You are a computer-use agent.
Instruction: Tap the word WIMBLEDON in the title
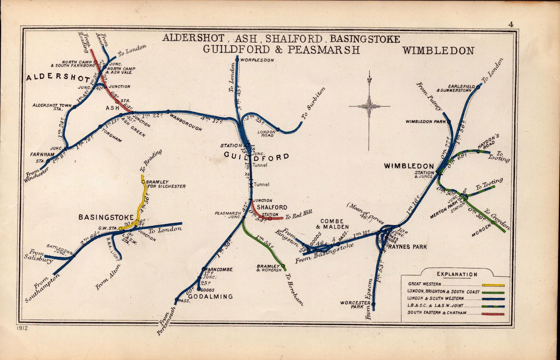pos(438,51)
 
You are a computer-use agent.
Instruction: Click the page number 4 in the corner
pos(511,24)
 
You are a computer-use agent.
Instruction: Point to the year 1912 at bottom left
pos(22,328)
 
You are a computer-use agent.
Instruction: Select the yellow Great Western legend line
pos(493,285)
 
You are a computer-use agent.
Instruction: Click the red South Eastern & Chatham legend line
pos(493,314)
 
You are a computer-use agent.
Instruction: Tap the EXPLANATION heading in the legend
pos(456,275)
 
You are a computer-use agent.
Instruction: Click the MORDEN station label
pos(479,233)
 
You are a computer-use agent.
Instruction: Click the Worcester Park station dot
pos(373,304)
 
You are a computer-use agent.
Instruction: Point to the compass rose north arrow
pos(369,81)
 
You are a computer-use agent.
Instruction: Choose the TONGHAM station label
pos(112,136)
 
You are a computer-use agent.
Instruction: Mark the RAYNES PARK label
pos(407,247)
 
